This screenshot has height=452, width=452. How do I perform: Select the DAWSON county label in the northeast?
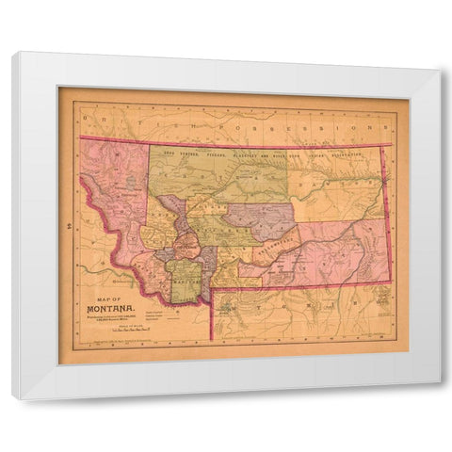point(334,193)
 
